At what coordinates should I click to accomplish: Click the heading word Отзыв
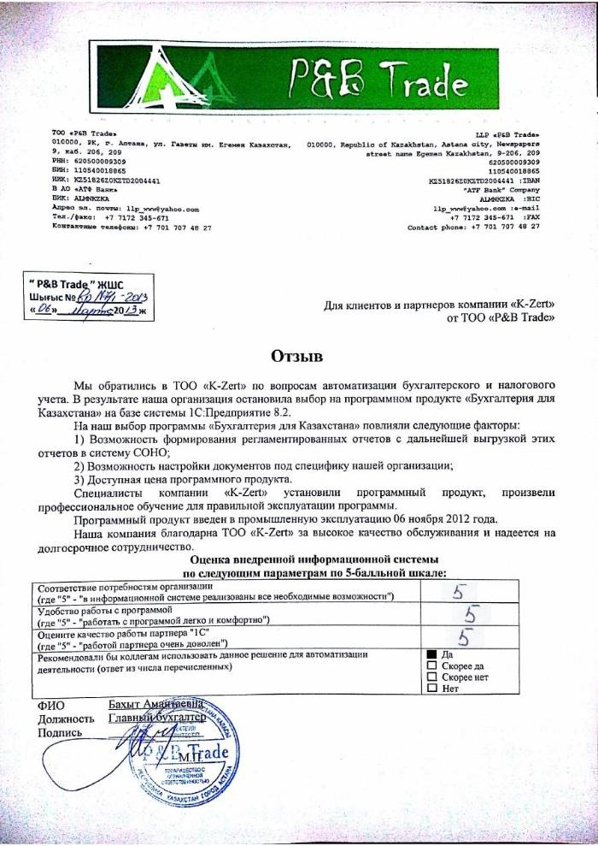(x=298, y=354)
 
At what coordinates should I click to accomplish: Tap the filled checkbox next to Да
(x=431, y=654)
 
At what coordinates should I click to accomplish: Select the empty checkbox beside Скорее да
(x=431, y=665)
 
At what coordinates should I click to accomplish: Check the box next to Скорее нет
(x=431, y=676)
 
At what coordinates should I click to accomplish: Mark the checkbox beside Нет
(x=431, y=687)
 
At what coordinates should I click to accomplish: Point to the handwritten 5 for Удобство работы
(x=468, y=614)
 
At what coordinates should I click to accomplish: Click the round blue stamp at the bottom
(x=180, y=754)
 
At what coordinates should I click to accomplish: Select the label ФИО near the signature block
(x=49, y=704)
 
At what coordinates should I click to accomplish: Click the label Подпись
(x=59, y=732)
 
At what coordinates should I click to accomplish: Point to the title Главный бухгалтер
(x=158, y=718)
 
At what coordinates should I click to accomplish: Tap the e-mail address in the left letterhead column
(x=162, y=209)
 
